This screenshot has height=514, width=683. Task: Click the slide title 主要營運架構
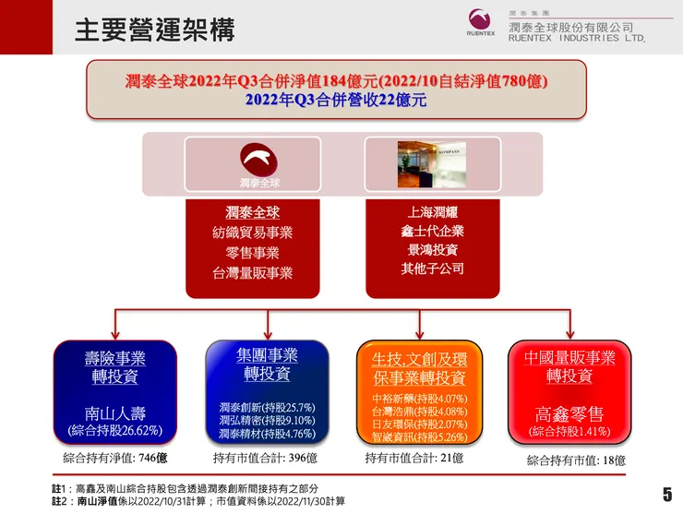pyautogui.click(x=154, y=30)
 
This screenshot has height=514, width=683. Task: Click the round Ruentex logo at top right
pyautogui.click(x=481, y=20)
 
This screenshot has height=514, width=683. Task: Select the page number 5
pyautogui.click(x=666, y=494)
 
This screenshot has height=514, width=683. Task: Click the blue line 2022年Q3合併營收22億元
pyautogui.click(x=337, y=99)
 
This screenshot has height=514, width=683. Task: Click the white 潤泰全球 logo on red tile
pyautogui.click(x=252, y=164)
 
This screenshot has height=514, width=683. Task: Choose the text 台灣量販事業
pyautogui.click(x=252, y=273)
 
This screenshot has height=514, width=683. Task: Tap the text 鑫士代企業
pyautogui.click(x=432, y=231)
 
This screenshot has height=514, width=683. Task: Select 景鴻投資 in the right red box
pyautogui.click(x=432, y=250)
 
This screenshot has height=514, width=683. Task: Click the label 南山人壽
pyautogui.click(x=115, y=413)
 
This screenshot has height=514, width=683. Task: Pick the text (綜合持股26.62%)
pyautogui.click(x=115, y=430)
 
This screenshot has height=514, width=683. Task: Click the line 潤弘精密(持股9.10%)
pyautogui.click(x=268, y=421)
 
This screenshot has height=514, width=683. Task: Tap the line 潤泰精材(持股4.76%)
pyautogui.click(x=268, y=434)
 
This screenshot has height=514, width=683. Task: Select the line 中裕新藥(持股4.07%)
pyautogui.click(x=419, y=400)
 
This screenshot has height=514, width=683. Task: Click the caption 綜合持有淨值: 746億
pyautogui.click(x=114, y=458)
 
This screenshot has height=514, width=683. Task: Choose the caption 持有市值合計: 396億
pyautogui.click(x=265, y=458)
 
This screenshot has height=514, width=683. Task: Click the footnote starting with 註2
pyautogui.click(x=198, y=501)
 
